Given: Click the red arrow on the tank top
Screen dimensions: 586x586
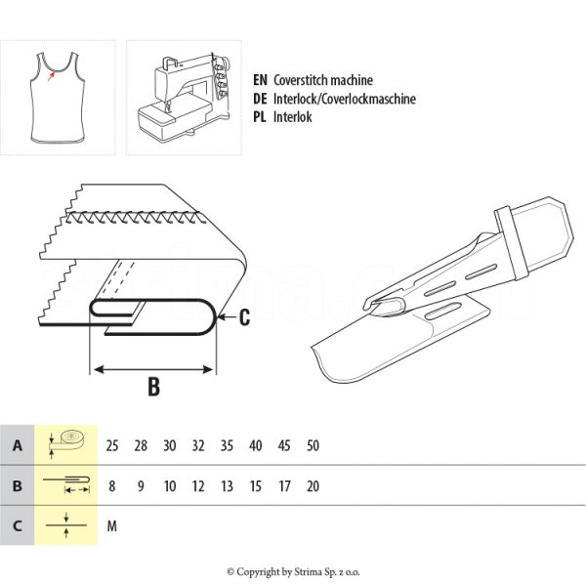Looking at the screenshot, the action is [51, 76].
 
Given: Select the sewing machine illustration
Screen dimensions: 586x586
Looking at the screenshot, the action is [184, 98].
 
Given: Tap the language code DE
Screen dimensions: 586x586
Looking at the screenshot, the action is [260, 99].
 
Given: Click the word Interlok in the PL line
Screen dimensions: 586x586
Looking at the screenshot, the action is [293, 117].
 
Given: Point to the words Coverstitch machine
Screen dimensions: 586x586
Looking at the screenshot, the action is [323, 80].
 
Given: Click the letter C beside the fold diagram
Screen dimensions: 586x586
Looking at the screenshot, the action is [244, 317].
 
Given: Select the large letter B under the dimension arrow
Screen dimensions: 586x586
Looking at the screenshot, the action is [154, 387].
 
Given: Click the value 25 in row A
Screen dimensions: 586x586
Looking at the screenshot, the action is [112, 445].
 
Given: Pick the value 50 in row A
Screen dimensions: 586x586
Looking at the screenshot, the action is [313, 445].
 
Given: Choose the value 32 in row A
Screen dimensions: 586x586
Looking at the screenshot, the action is [198, 445].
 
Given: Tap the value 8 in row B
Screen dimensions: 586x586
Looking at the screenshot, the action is [111, 486].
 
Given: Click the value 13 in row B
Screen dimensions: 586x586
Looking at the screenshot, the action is [227, 486].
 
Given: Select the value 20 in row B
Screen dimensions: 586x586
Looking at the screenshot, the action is [313, 486].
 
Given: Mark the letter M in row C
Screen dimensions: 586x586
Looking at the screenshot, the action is [112, 526].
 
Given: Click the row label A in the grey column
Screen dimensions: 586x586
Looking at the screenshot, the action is [18, 445].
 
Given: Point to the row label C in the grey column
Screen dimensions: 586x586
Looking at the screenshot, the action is [18, 526].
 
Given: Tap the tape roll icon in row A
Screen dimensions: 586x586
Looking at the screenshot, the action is [66, 444].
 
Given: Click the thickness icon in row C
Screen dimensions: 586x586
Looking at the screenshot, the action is [66, 525].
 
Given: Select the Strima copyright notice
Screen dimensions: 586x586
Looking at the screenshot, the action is [293, 571].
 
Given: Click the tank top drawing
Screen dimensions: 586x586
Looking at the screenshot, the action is [58, 98].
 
